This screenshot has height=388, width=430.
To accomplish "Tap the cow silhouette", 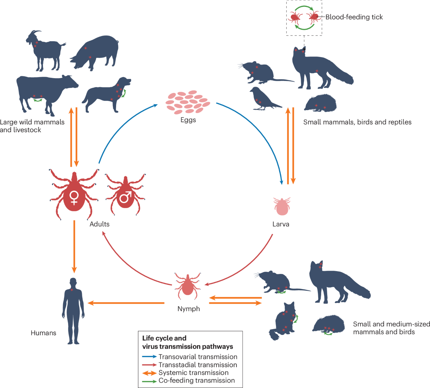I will (43, 90).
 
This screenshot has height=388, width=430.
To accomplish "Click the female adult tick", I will (74, 195).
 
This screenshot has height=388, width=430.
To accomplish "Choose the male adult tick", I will (125, 195).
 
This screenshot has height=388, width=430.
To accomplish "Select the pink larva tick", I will (282, 206).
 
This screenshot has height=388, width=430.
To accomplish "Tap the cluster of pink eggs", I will (187, 102).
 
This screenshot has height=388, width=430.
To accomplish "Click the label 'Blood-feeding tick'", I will (354, 17).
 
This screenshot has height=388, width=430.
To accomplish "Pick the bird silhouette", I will (263, 99).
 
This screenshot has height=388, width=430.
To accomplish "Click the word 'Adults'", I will (99, 224).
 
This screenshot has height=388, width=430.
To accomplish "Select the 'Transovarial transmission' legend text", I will (198, 357).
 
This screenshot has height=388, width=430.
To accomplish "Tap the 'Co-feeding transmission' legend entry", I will (197, 380).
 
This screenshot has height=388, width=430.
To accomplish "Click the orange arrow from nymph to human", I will (125, 303).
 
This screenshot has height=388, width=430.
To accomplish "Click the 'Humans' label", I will (43, 333).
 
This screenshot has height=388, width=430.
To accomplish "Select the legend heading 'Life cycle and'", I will (164, 338).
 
